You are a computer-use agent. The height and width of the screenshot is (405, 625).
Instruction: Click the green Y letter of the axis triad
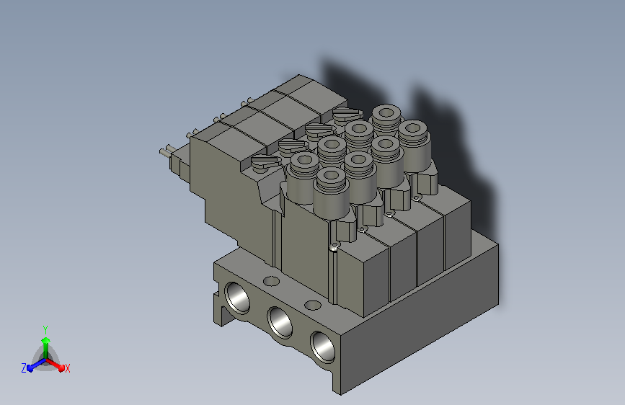click(45, 330)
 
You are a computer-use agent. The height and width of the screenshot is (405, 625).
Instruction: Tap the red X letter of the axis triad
click(67, 368)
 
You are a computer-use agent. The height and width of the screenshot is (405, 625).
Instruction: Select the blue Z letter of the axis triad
click(24, 368)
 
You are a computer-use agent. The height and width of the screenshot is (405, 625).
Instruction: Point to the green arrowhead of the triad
click(46, 341)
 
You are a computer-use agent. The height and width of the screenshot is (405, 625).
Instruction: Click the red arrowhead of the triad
click(61, 367)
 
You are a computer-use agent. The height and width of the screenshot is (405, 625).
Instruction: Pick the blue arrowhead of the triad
click(30, 368)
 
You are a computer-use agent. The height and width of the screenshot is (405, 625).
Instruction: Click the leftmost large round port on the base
click(237, 298)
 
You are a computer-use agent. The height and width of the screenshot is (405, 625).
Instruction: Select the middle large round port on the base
click(280, 321)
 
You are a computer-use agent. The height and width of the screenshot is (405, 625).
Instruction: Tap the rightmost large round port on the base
click(323, 347)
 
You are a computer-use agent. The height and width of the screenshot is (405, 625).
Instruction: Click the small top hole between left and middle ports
click(272, 281)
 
